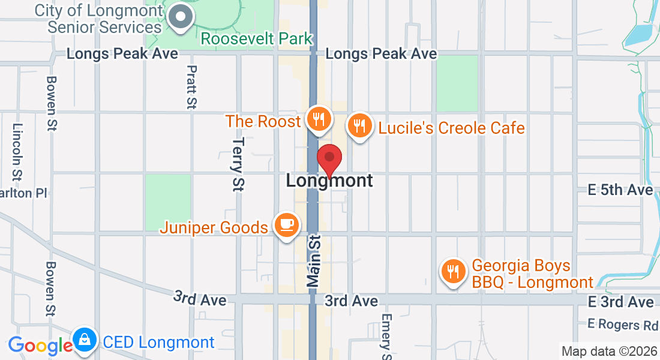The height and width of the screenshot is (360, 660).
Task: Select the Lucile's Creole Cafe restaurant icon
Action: point(359,126)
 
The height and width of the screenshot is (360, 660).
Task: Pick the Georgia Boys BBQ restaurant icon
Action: point(452,272)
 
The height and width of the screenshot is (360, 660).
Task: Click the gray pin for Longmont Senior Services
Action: point(180,19)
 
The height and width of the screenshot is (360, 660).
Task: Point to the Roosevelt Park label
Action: point(257,39)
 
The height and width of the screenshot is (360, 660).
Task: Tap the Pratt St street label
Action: point(191,88)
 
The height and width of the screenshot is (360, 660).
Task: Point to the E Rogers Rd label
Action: point(622,325)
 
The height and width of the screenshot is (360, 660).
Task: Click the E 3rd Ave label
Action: point(620,301)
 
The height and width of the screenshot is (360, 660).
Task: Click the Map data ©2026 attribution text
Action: point(608,351)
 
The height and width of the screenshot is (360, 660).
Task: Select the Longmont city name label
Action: point(329,180)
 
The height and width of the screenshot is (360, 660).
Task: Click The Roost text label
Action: point(263,121)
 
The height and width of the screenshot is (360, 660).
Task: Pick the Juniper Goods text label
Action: point(214,227)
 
